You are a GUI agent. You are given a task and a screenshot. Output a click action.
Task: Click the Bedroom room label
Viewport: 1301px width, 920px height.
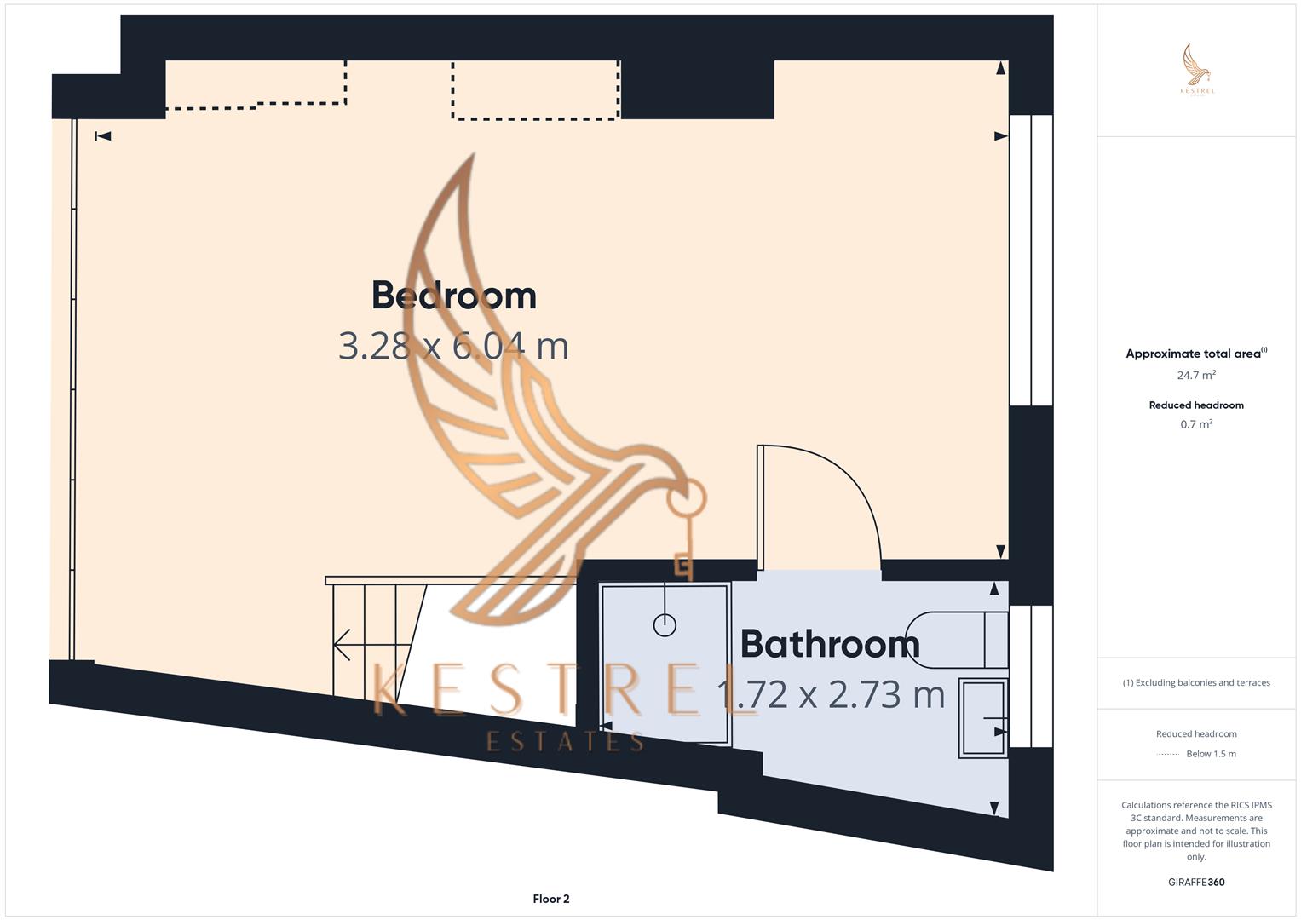454,296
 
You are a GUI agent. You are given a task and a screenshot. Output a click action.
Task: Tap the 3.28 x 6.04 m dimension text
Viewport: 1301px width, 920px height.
453,346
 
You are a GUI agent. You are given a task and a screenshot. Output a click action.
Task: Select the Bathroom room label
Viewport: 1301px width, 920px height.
830,644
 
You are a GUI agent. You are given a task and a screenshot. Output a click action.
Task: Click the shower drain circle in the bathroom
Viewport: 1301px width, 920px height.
665,625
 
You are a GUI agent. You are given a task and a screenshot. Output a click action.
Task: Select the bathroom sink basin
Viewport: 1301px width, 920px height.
983,717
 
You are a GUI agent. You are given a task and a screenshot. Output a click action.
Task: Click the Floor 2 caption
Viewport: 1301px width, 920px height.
551,899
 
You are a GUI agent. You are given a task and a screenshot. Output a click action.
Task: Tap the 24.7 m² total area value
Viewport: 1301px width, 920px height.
1196,375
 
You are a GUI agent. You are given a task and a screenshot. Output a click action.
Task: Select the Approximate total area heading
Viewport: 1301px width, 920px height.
1195,354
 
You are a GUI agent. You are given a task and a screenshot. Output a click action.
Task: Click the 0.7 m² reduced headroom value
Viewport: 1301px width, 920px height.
1196,424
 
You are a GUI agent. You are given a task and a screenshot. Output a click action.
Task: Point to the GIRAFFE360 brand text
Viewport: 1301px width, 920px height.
1196,882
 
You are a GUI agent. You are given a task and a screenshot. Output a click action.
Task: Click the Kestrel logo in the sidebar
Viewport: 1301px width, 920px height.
1197,70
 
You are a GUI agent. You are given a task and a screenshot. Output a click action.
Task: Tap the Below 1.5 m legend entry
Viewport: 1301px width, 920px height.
1211,754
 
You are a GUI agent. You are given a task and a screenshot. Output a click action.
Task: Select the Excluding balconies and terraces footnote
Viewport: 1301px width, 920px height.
1196,682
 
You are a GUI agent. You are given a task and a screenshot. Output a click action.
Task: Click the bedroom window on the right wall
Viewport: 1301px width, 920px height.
1031,260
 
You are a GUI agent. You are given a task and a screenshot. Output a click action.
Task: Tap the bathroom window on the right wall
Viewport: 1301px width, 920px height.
1031,676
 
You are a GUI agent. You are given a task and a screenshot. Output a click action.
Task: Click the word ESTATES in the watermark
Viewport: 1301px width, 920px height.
565,742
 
